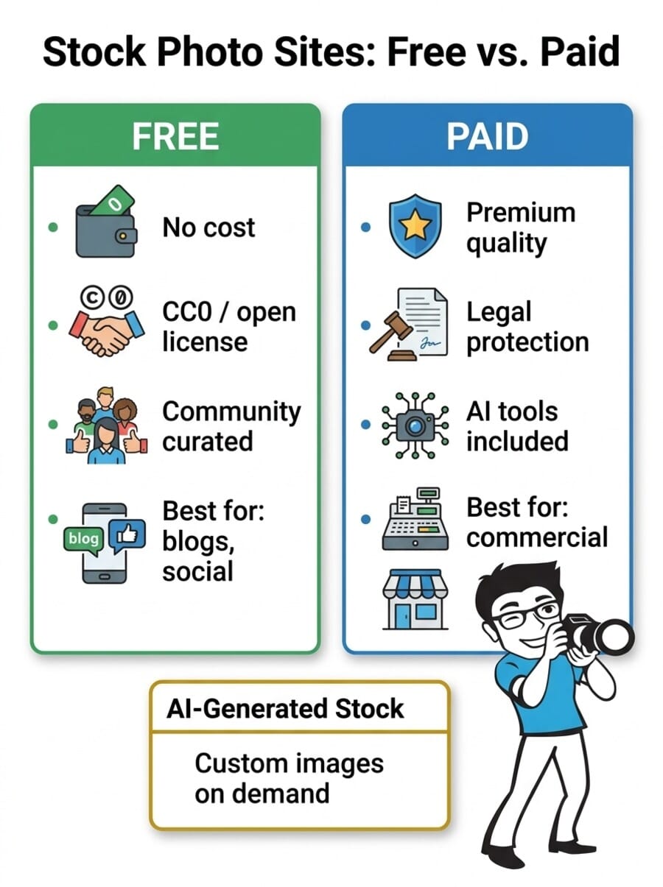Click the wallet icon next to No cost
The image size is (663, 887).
click(x=105, y=222)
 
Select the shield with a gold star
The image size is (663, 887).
click(x=415, y=225)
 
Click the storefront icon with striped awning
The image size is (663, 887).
click(x=415, y=599)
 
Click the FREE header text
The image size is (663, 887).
click(x=175, y=137)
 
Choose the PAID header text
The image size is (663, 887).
click(x=487, y=137)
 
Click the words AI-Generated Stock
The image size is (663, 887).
click(x=285, y=708)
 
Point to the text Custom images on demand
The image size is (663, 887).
click(x=289, y=778)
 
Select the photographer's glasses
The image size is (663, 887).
click(x=530, y=613)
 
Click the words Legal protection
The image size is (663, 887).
click(x=527, y=327)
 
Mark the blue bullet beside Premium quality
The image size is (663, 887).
click(x=365, y=227)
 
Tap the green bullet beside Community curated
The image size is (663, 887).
click(x=52, y=425)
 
